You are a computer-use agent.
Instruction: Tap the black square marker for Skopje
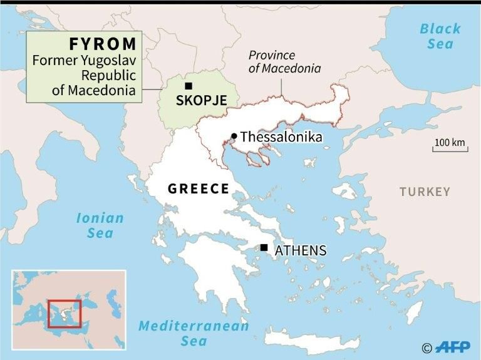[x=188, y=86]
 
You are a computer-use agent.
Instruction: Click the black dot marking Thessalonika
[x=234, y=136]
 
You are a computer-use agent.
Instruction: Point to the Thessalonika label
[x=281, y=136]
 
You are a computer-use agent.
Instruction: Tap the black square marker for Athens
[x=264, y=247]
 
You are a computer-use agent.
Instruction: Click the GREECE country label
[x=198, y=188]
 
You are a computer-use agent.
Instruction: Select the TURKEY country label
[x=425, y=192]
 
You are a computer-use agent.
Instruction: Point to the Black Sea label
[x=440, y=36]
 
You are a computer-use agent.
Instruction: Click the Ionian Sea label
[x=100, y=225]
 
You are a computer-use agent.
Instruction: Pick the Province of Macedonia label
[x=284, y=62]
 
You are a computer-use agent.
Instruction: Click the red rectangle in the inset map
[x=65, y=314]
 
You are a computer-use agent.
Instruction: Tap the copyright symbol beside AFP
[x=427, y=348]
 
